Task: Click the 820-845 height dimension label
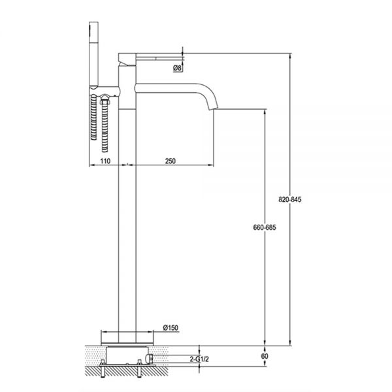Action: [x=290, y=199]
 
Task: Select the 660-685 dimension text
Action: [x=265, y=227]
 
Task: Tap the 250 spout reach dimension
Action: [x=171, y=161]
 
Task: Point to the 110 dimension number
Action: [x=105, y=161]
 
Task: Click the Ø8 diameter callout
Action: [x=177, y=68]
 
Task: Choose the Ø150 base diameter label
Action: [x=171, y=327]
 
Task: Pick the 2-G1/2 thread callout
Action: [x=199, y=359]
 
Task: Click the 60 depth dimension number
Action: [x=265, y=356]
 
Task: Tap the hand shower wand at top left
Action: [x=93, y=54]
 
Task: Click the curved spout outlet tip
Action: [x=213, y=108]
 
